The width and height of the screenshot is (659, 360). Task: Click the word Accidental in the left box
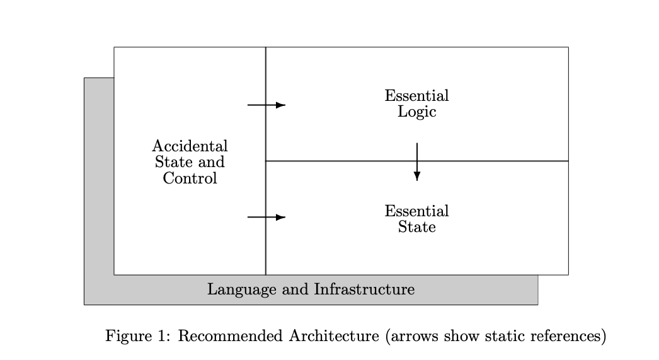(x=190, y=146)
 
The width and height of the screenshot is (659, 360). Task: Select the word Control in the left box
(x=190, y=178)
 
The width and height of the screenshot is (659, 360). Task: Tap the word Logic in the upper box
(x=416, y=112)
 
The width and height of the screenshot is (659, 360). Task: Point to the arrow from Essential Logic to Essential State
(x=416, y=162)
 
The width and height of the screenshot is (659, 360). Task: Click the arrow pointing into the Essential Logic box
(x=266, y=105)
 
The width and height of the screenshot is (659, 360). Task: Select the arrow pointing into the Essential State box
(x=266, y=217)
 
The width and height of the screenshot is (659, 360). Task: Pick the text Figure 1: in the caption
(x=138, y=336)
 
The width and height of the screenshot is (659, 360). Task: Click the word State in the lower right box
(x=416, y=227)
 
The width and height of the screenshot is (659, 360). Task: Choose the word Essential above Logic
(x=416, y=96)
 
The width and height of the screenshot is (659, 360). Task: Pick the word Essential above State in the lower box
(x=416, y=211)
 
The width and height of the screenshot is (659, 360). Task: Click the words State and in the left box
(x=190, y=162)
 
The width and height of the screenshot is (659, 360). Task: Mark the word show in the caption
(x=457, y=336)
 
